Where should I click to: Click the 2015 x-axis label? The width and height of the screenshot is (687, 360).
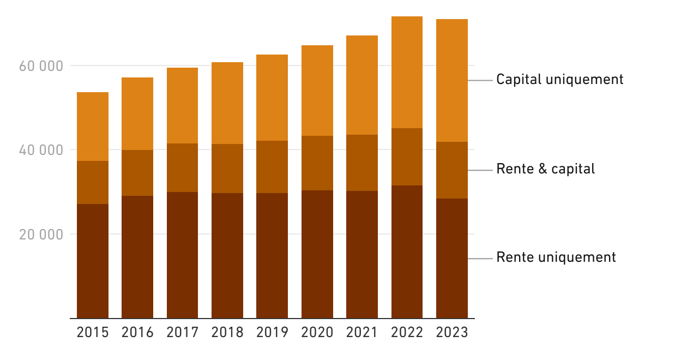[93, 332]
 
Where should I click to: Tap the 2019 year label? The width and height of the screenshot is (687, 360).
[272, 332]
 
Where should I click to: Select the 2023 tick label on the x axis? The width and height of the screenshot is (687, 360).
[452, 332]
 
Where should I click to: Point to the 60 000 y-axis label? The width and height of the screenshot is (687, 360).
[41, 66]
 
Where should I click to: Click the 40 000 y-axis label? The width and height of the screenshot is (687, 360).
[41, 150]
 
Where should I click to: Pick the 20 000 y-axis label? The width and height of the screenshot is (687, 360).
[41, 235]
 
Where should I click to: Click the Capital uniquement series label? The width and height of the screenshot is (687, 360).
[559, 80]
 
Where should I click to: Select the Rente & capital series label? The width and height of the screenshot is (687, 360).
[545, 169]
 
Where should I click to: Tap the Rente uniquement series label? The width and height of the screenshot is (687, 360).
[556, 257]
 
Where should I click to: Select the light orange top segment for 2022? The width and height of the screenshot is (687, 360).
[407, 72]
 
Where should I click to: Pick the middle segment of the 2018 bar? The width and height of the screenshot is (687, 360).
[227, 169]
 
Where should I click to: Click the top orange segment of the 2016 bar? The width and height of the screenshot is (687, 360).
[137, 113]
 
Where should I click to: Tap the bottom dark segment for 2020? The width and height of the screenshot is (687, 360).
[317, 254]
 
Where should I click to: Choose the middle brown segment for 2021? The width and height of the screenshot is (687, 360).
[362, 163]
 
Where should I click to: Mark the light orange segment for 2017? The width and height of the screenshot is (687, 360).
[182, 105]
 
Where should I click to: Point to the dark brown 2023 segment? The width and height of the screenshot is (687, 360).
[452, 258]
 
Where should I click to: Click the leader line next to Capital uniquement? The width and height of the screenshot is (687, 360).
[480, 80]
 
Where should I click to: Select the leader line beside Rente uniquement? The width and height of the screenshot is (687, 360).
[480, 258]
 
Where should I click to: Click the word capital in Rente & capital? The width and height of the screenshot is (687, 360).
[573, 169]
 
